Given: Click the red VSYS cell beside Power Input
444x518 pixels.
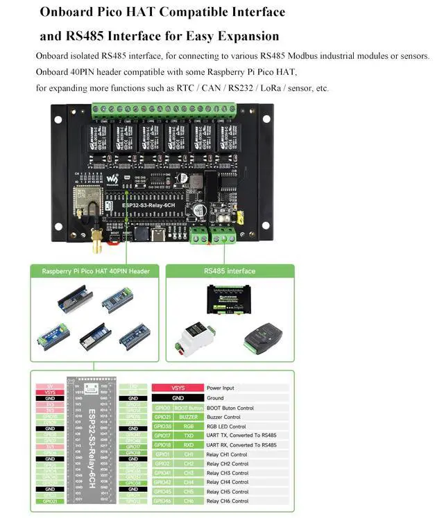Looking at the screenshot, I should pos(178,388).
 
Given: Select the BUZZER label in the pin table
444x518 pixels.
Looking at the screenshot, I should pos(189,417).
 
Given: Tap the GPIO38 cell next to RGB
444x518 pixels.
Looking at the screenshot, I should pos(162,426).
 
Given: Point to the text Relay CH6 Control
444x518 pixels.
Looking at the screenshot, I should pos(228,501).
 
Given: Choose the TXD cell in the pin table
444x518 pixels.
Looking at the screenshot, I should pos(189,435).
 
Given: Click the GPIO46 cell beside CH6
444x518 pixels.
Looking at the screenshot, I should pos(162,501).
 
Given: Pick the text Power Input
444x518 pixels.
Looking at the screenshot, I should pos(221,388).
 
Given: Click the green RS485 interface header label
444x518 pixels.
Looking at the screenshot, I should pos(229,271).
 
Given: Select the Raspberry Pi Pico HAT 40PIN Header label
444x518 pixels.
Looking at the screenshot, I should pos(96,271).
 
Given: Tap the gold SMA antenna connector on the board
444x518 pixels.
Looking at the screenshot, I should pos(95,240).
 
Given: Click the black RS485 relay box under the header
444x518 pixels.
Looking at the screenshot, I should pos(229,296).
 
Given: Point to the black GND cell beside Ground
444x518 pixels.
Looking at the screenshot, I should pos(178,398).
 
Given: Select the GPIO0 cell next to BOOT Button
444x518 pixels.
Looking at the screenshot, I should pos(162,408).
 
